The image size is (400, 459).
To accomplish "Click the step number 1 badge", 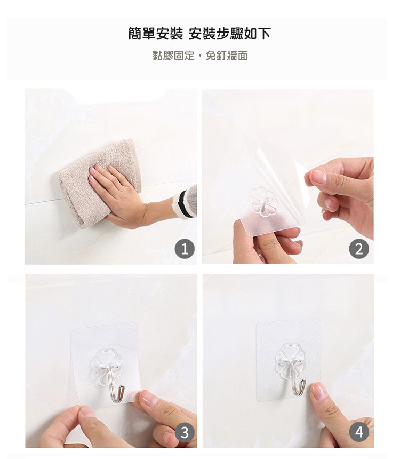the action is (x=185, y=249).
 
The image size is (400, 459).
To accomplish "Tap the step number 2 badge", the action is (x=359, y=249).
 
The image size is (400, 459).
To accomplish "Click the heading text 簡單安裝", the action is (x=156, y=34).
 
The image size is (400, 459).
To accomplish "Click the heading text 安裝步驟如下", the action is (x=230, y=34).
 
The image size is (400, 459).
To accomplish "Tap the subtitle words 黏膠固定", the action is (x=173, y=56).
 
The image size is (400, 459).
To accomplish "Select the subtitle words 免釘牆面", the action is (x=227, y=56).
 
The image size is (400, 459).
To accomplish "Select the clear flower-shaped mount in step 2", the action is (x=262, y=202).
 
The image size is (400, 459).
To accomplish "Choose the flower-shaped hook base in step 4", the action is (x=290, y=361).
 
